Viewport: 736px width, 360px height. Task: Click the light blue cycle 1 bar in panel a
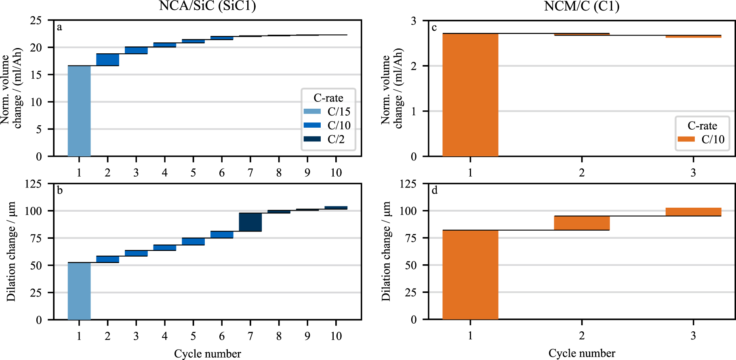click(79, 111)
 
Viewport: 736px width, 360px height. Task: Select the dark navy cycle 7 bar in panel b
click(250, 222)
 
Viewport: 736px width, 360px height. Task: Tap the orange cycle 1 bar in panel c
click(470, 95)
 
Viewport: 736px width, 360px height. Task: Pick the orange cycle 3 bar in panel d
click(693, 212)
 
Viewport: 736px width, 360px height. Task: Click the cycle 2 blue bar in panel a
click(107, 59)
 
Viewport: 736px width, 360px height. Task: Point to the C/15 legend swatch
click(312, 112)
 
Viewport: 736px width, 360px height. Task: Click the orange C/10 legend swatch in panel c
click(686, 139)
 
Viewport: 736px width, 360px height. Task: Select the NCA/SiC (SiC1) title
click(207, 6)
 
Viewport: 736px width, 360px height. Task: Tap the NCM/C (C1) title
click(581, 6)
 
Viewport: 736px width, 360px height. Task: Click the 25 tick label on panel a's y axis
click(36, 20)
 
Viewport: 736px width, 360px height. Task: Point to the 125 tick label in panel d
click(408, 184)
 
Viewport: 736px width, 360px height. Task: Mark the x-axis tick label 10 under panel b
click(336, 336)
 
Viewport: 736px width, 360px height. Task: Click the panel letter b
click(60, 190)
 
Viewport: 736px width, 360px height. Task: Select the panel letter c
click(434, 27)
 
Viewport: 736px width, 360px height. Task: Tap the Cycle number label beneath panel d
click(581, 353)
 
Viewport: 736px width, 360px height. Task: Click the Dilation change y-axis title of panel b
click(11, 251)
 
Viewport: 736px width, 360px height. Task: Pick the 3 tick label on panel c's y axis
click(413, 21)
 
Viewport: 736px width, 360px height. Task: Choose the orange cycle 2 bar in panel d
click(582, 223)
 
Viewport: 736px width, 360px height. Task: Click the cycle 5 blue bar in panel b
click(193, 241)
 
